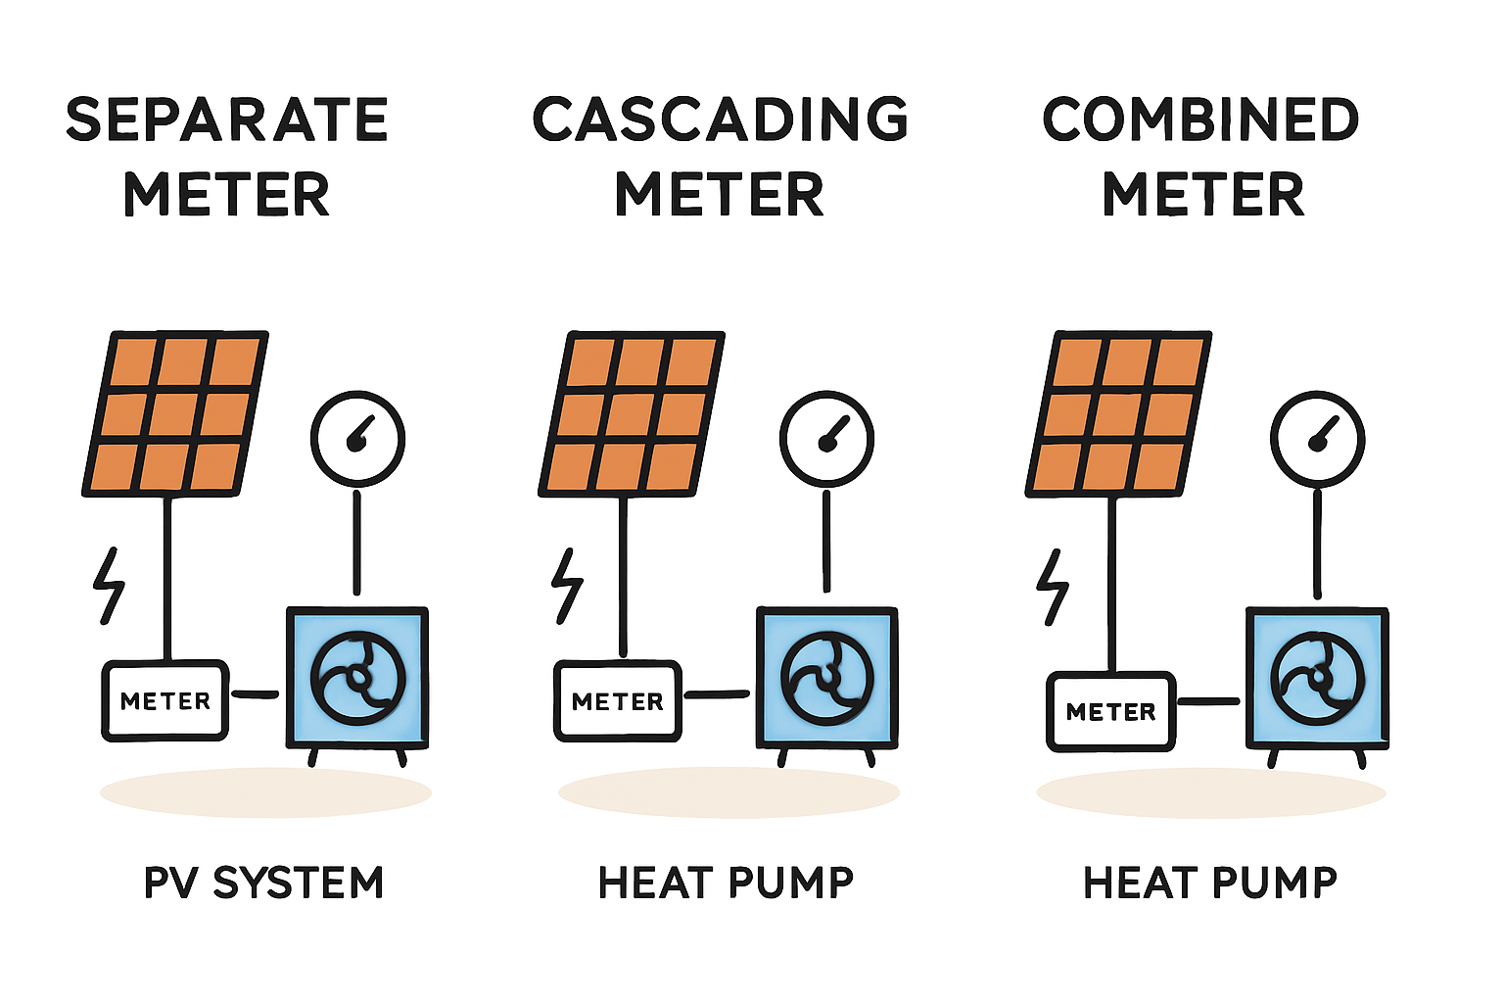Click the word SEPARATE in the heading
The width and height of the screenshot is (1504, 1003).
pos(227,119)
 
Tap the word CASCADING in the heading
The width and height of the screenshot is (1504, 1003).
pos(721,119)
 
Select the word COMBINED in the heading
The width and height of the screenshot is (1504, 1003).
pos(1201,119)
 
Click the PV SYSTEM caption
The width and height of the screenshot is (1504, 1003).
pos(263,883)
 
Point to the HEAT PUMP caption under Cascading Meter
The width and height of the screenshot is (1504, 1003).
pos(726,883)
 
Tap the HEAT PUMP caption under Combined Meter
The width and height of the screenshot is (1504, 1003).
pos(1210,883)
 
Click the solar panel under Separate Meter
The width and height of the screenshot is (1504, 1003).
pos(175,413)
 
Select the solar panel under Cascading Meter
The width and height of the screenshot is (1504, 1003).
pos(632,413)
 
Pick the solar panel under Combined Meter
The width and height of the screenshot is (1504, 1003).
pos(1118,413)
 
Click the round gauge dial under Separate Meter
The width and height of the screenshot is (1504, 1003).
pos(357,438)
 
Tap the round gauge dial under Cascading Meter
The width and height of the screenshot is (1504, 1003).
pos(826,438)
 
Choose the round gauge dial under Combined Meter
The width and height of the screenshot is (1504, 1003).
pos(1317,438)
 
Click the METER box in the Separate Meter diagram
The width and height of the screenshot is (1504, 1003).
pos(165,700)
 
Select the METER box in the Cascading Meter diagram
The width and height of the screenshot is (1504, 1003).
pos(618,701)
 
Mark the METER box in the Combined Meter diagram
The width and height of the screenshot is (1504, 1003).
pos(1111,712)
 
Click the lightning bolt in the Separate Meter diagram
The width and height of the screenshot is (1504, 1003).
pos(109,586)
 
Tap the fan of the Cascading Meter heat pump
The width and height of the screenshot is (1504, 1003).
pos(827,678)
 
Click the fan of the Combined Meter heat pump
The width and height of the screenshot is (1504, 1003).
pos(1317,678)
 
